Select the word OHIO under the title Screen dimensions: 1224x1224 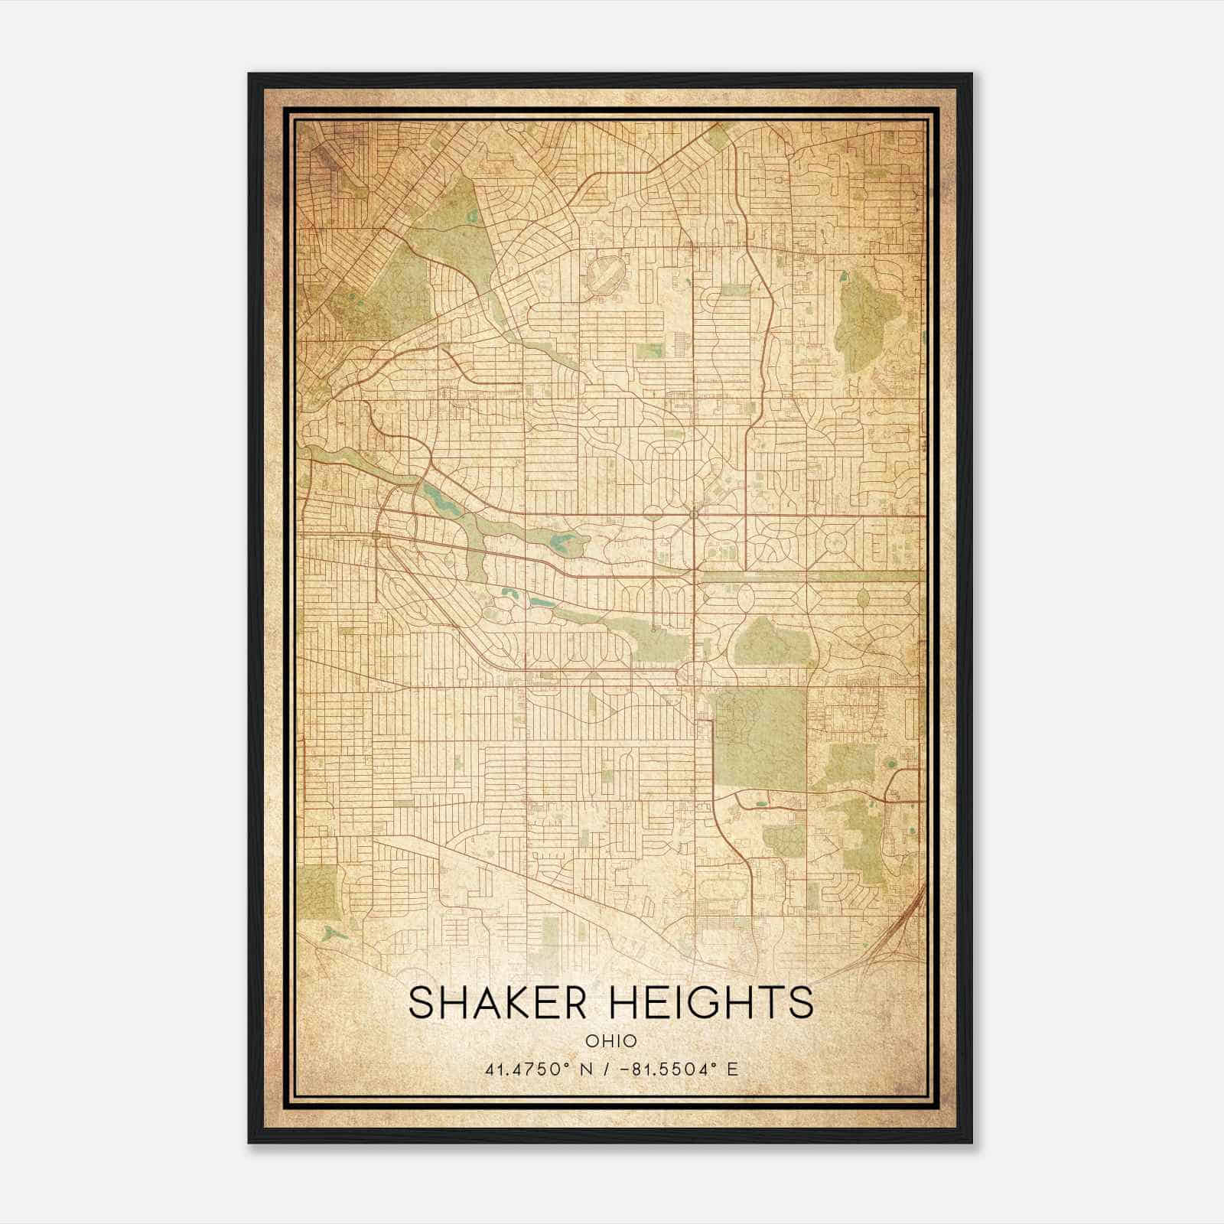click(611, 1040)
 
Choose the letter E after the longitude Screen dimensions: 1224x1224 click(732, 1069)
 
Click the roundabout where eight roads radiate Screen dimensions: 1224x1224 click(694, 514)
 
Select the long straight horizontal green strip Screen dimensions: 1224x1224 click(811, 575)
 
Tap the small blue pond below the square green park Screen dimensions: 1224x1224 click(330, 933)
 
